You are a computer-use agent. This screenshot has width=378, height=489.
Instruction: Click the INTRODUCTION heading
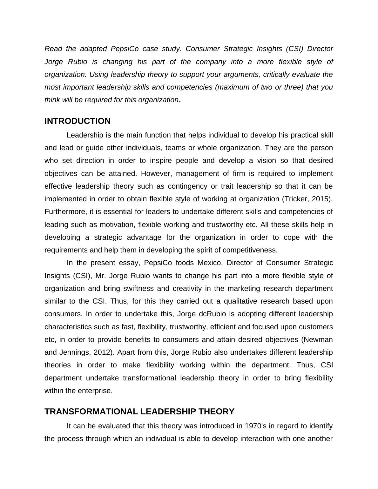78,121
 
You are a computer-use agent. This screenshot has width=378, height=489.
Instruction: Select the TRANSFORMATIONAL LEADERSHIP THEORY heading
139,412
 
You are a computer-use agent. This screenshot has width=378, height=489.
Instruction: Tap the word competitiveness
249,250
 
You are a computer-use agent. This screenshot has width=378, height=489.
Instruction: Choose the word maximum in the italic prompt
233,87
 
